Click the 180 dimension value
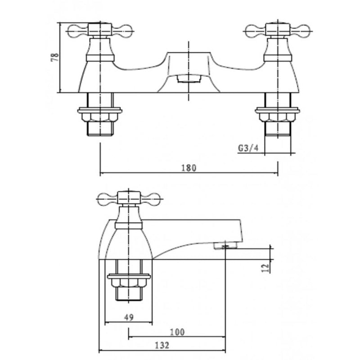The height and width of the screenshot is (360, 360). click(x=189, y=168)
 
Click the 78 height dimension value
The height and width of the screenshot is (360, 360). click(x=55, y=58)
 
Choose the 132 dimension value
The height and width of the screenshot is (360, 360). click(x=162, y=345)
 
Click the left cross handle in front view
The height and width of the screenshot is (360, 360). click(x=100, y=31)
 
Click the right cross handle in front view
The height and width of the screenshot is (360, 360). click(x=278, y=31)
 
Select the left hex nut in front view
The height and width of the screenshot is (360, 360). click(x=100, y=117)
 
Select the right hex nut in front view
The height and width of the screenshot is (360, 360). click(x=277, y=117)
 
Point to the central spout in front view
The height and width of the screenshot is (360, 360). click(x=188, y=67)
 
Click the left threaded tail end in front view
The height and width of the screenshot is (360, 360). click(x=100, y=129)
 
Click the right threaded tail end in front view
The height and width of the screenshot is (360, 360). click(x=277, y=129)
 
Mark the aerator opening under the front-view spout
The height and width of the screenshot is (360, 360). click(x=188, y=79)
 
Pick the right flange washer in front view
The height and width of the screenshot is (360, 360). click(x=277, y=109)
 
